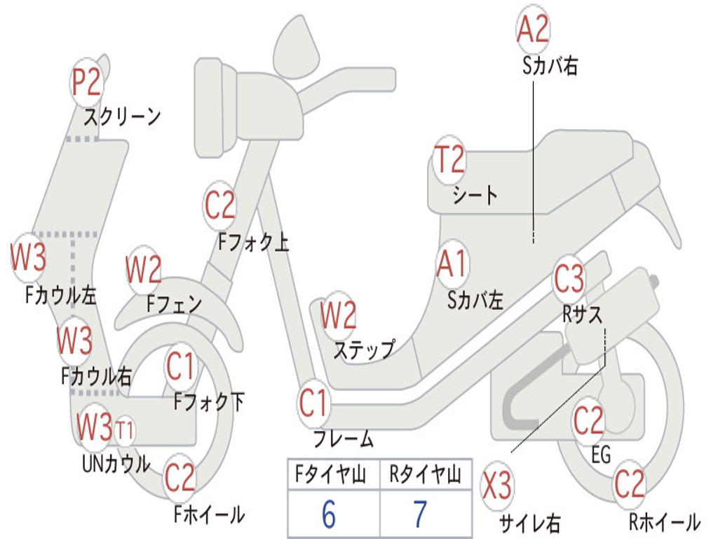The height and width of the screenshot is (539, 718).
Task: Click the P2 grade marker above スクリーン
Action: click(x=86, y=83)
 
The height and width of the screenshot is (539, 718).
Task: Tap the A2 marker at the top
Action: click(x=533, y=29)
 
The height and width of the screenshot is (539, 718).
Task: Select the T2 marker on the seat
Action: click(x=449, y=159)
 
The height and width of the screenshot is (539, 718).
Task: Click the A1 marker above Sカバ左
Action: click(x=452, y=264)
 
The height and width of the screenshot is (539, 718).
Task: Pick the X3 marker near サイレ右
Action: click(x=497, y=486)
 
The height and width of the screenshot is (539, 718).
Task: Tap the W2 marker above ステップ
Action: click(x=339, y=315)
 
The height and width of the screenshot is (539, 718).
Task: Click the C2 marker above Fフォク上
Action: click(x=219, y=206)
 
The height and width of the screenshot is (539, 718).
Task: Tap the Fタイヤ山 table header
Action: click(x=330, y=474)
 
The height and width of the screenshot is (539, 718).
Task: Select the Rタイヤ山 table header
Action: click(x=425, y=474)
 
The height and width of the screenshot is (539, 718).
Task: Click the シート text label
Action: click(x=475, y=195)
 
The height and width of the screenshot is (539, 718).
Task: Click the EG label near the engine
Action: click(x=601, y=455)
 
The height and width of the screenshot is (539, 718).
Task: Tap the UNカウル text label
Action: click(x=116, y=463)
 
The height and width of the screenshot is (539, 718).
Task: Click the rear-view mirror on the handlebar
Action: click(x=296, y=46)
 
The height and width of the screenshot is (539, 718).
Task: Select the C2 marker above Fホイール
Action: click(x=180, y=478)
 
